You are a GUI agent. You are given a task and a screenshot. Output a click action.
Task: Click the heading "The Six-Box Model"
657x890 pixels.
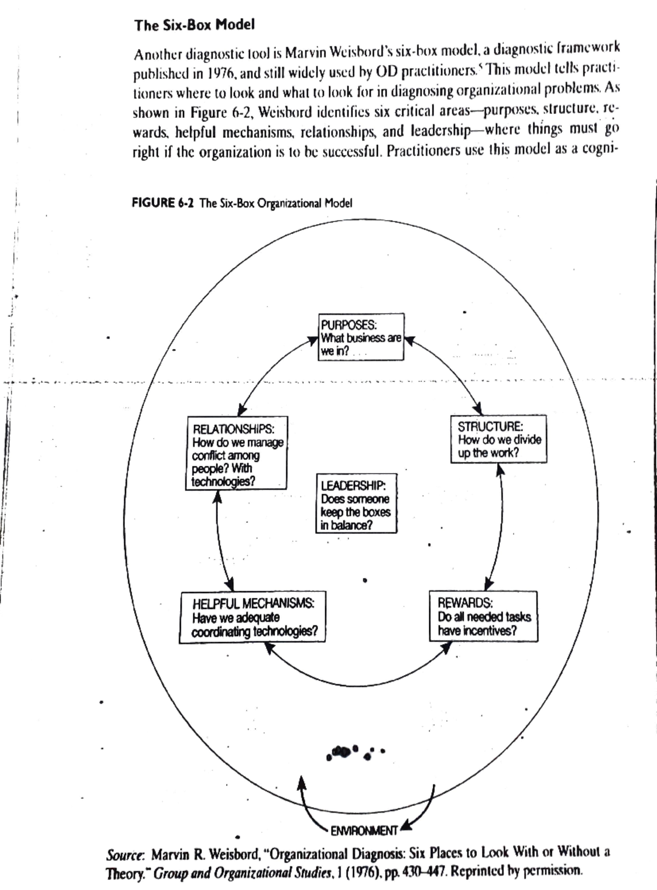(194, 25)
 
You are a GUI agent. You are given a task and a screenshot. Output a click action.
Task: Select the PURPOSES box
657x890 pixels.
(361, 337)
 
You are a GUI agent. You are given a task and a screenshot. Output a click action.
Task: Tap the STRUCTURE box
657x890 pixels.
(498, 439)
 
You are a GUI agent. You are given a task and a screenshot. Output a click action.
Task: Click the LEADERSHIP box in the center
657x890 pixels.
(356, 504)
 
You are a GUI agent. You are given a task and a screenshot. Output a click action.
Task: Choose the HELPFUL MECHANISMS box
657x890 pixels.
(252, 617)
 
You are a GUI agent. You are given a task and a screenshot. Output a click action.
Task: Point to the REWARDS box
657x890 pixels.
(483, 617)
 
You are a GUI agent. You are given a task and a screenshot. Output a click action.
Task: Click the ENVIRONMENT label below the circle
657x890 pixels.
(364, 831)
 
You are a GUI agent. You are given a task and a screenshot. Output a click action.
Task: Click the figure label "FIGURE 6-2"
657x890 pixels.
(163, 203)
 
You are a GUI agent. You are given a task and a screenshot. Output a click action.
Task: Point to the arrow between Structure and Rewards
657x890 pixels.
(500, 526)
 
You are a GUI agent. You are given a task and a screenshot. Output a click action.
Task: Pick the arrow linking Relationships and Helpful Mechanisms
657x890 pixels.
(219, 540)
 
